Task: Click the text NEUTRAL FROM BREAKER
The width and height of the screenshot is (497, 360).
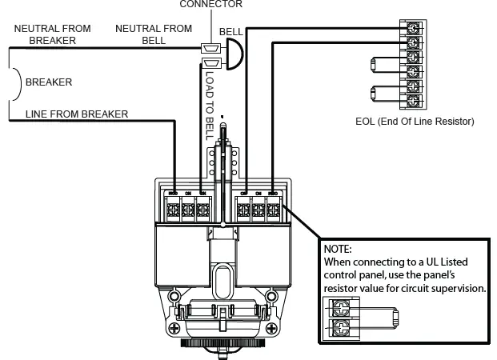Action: [52, 34]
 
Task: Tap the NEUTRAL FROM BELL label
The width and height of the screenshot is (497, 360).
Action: [154, 34]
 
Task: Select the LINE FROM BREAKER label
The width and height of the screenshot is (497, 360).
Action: [76, 114]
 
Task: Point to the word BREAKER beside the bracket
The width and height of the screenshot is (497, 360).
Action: [49, 82]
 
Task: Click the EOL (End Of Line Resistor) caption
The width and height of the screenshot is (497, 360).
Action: [415, 122]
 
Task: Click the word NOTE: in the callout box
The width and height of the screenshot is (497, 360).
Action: [339, 250]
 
